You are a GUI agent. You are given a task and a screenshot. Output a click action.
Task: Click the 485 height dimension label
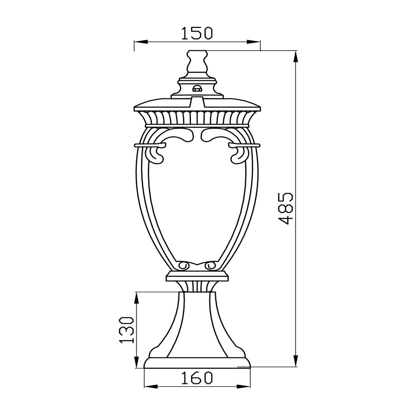click(x=286, y=209)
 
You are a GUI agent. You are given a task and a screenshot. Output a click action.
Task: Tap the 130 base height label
click(x=126, y=333)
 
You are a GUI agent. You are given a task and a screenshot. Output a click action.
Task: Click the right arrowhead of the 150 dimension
click(x=253, y=42)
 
